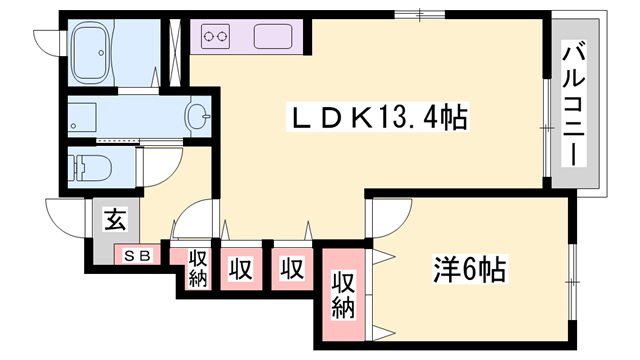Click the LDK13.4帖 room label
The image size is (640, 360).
[378, 118]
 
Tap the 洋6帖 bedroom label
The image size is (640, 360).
[469, 269]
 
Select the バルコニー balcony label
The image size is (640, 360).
[574, 103]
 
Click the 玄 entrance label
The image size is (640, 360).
[116, 219]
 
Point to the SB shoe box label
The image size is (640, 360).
[138, 256]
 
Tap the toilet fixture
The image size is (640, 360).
[90, 166]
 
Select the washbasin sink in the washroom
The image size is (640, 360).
[198, 116]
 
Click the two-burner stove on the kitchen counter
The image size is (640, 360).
[215, 37]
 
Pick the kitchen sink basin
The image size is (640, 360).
[273, 37]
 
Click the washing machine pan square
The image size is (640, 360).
[82, 116]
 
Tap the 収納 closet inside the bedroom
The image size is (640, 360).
[343, 295]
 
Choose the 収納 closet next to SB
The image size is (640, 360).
[197, 268]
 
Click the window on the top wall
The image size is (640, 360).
[420, 15]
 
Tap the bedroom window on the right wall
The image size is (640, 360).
[572, 282]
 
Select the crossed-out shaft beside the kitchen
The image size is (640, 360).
[176, 52]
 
